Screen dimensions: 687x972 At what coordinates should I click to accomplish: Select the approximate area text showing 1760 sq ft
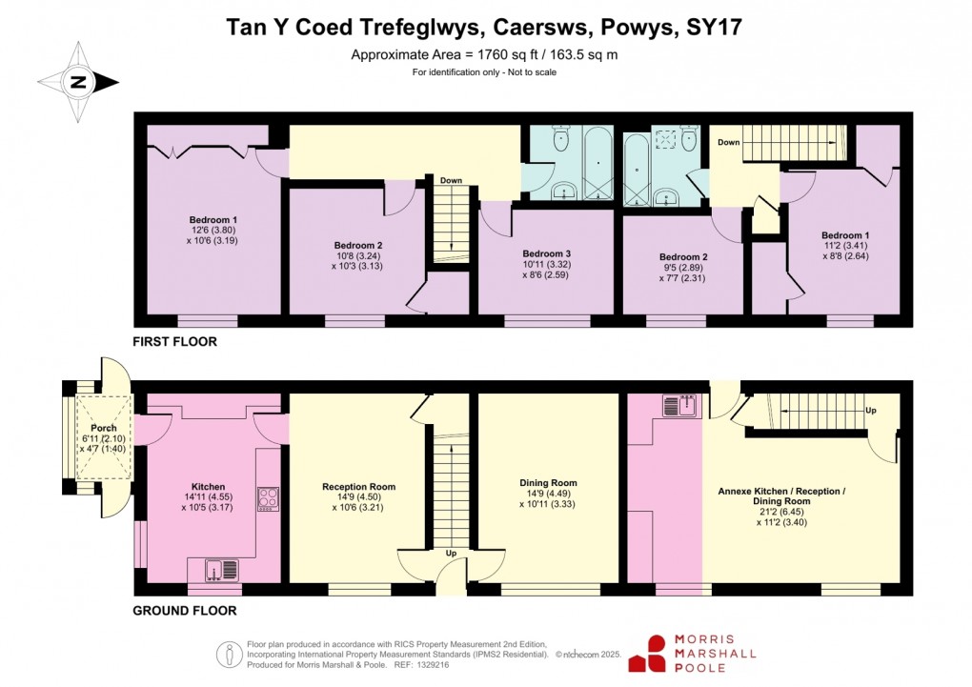[484, 54]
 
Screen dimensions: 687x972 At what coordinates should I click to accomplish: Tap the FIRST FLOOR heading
[175, 341]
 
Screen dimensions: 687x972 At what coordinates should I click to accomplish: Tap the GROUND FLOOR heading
[184, 611]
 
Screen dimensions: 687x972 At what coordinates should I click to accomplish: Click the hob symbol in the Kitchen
[268, 497]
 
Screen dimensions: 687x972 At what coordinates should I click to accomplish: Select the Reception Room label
[358, 487]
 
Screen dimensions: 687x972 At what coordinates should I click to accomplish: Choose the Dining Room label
[548, 483]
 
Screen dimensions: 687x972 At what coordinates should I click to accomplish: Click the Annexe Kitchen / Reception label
[780, 492]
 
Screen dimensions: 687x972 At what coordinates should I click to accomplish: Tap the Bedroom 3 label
[546, 253]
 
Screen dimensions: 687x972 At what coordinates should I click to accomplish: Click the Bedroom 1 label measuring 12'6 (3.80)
[213, 218]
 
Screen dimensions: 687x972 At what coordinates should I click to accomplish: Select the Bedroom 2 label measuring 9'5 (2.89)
[683, 256]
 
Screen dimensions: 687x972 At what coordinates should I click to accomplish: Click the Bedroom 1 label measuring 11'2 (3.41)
[845, 235]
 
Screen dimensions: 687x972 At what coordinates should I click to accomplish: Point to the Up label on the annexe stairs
[870, 411]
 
